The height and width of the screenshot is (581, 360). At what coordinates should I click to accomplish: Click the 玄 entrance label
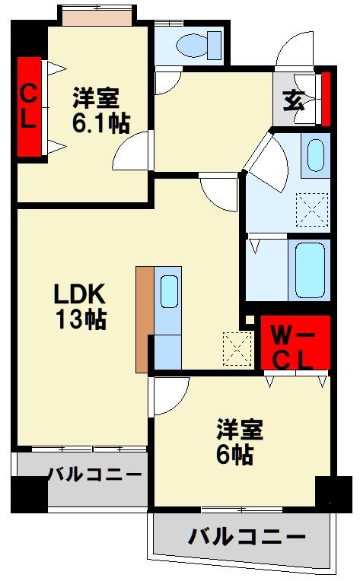click(x=294, y=101)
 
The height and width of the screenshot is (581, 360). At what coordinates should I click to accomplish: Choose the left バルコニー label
click(x=94, y=475)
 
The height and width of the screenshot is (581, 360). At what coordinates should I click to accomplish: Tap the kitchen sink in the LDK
click(x=168, y=291)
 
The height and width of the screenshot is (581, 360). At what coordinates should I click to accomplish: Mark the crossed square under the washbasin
click(x=311, y=208)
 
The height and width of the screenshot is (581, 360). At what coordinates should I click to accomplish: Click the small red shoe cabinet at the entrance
click(x=326, y=99)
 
